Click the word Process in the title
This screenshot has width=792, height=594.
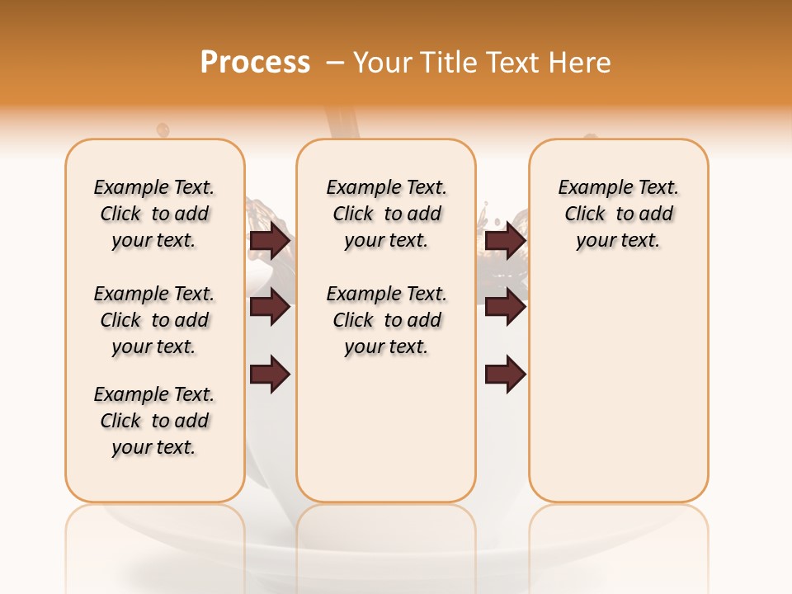[x=255, y=63]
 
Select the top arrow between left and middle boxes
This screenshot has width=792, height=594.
[x=270, y=240]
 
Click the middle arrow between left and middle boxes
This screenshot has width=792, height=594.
[x=270, y=307]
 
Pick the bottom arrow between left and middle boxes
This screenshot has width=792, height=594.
[x=270, y=374]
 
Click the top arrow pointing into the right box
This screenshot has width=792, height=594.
[x=505, y=240]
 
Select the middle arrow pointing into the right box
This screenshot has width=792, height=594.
[x=505, y=307]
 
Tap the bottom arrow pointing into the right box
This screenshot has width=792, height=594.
[x=505, y=374]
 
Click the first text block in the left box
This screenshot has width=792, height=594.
[x=154, y=214]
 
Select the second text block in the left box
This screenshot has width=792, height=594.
[x=154, y=320]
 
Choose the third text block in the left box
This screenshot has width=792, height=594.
[x=154, y=421]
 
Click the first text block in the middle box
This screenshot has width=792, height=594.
[x=387, y=214]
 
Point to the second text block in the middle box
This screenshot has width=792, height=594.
[x=387, y=320]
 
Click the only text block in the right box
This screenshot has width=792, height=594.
[x=619, y=214]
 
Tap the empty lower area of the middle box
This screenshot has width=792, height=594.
[x=386, y=429]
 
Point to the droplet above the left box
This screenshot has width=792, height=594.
[x=163, y=130]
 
